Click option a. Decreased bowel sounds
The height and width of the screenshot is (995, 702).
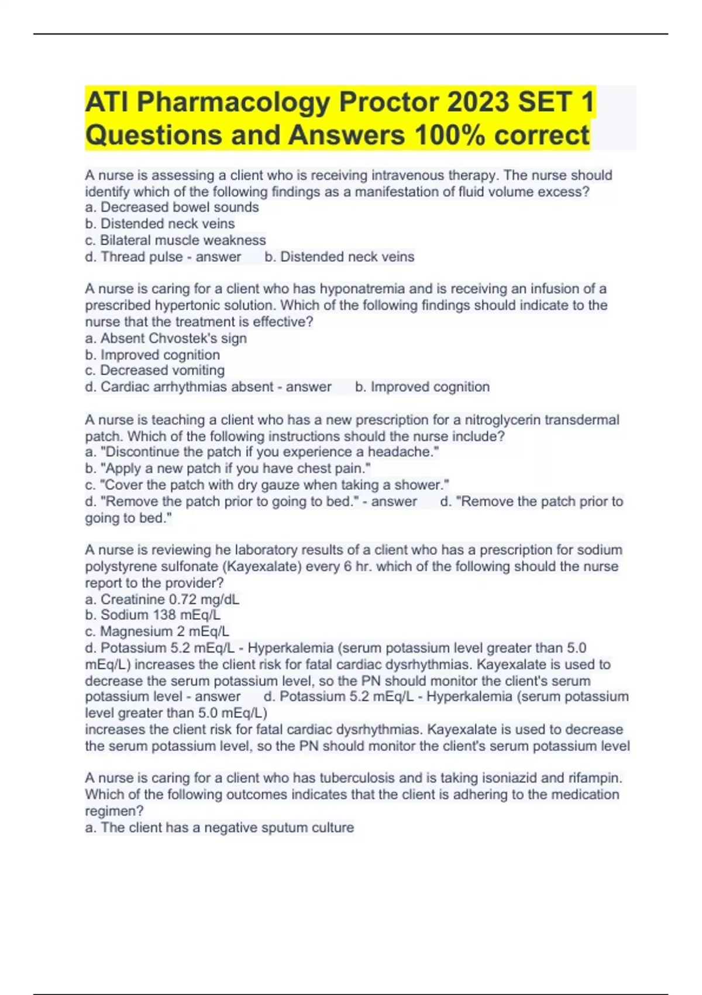[x=172, y=207]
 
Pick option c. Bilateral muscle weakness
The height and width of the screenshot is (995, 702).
[x=175, y=240]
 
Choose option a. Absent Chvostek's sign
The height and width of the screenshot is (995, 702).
[x=166, y=338]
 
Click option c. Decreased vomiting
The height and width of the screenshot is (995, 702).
[x=155, y=370]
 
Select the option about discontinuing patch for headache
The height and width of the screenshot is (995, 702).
[x=262, y=452]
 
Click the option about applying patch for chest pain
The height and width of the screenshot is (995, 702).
[x=228, y=468]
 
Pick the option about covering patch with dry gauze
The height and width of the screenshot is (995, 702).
[x=267, y=485]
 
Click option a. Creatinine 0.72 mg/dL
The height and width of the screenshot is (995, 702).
[x=162, y=599]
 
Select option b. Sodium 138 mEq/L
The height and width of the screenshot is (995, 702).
[x=153, y=615]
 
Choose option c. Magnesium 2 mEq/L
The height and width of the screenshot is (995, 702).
[x=157, y=632]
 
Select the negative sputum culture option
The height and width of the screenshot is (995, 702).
[x=219, y=828]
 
